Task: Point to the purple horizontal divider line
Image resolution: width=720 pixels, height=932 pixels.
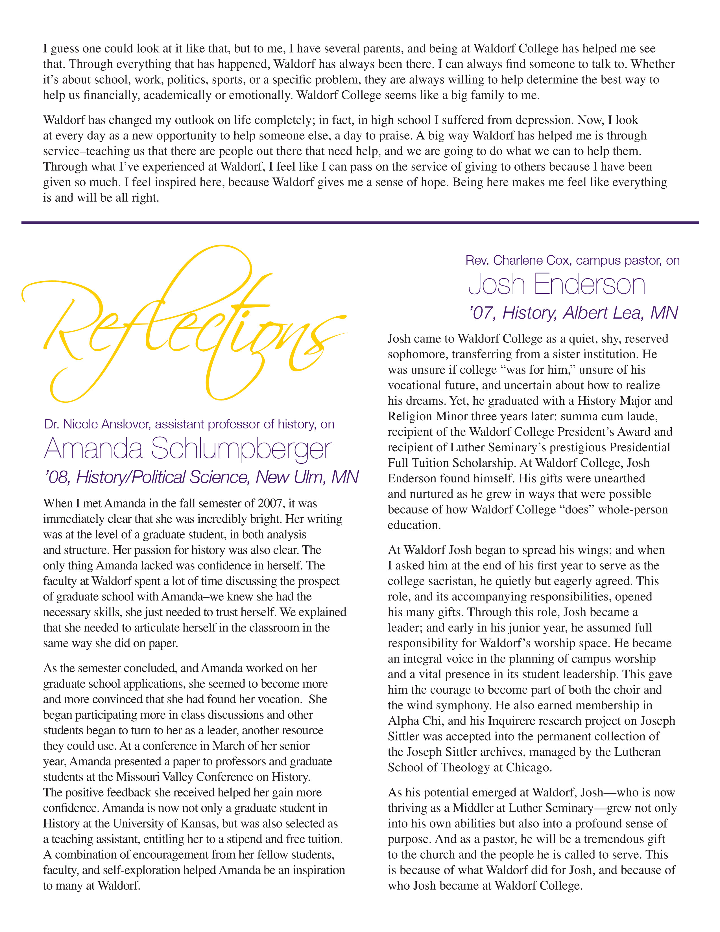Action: pos(360,222)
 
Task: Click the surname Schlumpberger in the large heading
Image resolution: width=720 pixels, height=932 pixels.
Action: pos(241,449)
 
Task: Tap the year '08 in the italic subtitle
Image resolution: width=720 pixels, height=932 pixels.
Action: pos(57,477)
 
